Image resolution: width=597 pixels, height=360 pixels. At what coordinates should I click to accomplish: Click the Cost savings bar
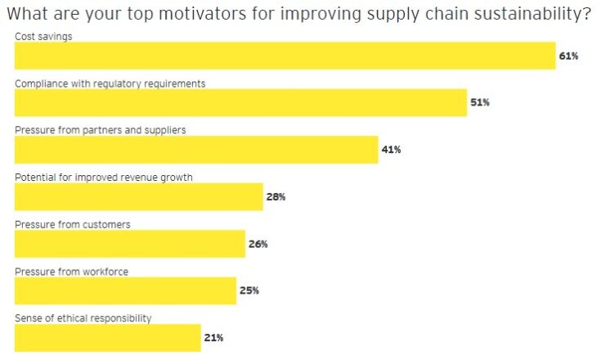point(285,56)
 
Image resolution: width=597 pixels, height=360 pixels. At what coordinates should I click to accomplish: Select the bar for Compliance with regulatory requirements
point(240,103)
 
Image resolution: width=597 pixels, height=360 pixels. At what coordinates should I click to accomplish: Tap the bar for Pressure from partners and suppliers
point(196,150)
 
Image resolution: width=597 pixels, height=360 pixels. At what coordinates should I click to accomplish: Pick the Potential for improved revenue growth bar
point(139,196)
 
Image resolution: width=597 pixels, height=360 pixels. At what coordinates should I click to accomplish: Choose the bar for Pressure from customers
point(130,244)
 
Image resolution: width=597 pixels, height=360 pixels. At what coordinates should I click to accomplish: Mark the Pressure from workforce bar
point(125,290)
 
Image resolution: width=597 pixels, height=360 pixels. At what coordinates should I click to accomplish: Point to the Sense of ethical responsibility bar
point(107,337)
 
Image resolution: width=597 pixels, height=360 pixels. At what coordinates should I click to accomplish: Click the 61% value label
point(569,56)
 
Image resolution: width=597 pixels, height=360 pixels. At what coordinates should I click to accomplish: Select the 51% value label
point(480,103)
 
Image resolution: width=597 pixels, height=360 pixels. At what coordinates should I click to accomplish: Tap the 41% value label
point(391,151)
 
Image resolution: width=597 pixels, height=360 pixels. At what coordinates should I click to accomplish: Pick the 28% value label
point(276,197)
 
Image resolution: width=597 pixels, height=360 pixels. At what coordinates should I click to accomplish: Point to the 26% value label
point(258,244)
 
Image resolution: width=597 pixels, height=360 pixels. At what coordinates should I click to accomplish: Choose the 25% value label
point(249,290)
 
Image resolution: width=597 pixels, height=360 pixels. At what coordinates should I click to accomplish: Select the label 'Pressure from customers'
point(72,224)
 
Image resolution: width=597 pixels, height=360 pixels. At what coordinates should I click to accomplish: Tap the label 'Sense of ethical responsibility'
point(83,317)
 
